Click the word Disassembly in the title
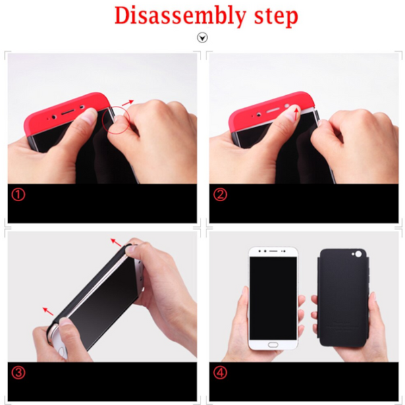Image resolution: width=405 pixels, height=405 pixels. pos(180,16)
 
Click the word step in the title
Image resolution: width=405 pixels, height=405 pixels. pos(276,17)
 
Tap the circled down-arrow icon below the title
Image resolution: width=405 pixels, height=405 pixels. pos(202,38)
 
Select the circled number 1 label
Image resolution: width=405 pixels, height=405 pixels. pos(18,194)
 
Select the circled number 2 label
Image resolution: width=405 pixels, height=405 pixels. pos(220,194)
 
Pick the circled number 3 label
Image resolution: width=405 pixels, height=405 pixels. pos(18,373)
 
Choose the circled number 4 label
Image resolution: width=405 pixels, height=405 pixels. pos(220,373)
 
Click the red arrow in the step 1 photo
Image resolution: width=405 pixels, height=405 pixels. pos(128,103)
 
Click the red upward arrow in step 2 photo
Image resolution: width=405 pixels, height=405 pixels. pos(296,114)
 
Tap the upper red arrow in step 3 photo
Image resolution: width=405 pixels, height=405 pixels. pos(116,242)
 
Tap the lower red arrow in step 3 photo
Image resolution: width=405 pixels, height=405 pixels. pos(48,311)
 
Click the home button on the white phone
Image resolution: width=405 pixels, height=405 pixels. pos(273,345)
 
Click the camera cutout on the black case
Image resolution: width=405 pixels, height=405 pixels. pos(358,254)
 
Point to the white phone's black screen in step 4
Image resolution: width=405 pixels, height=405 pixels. pos(273,298)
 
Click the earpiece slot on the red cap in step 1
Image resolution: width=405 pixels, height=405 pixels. pos(67,112)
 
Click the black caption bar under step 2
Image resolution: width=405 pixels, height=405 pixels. pos(304,203)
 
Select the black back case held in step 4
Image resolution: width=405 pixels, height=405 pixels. pos(343,298)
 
